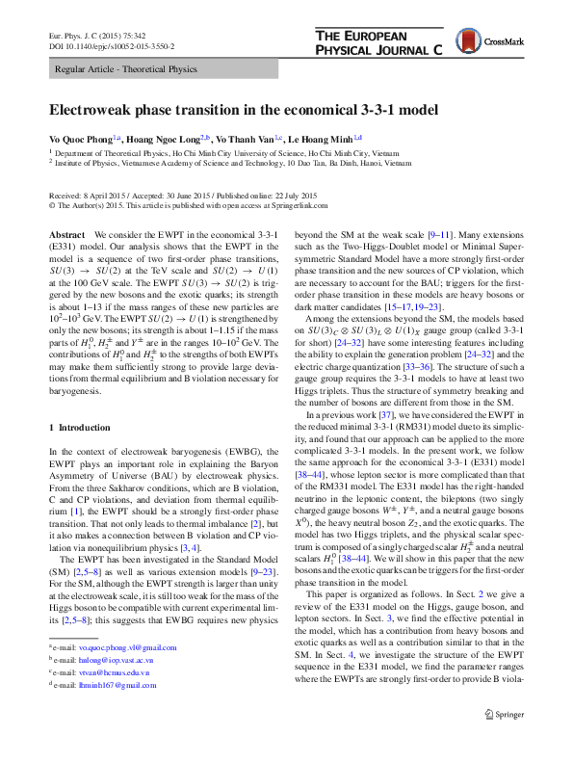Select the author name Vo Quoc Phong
(x=80, y=138)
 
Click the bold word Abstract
(x=66, y=235)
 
